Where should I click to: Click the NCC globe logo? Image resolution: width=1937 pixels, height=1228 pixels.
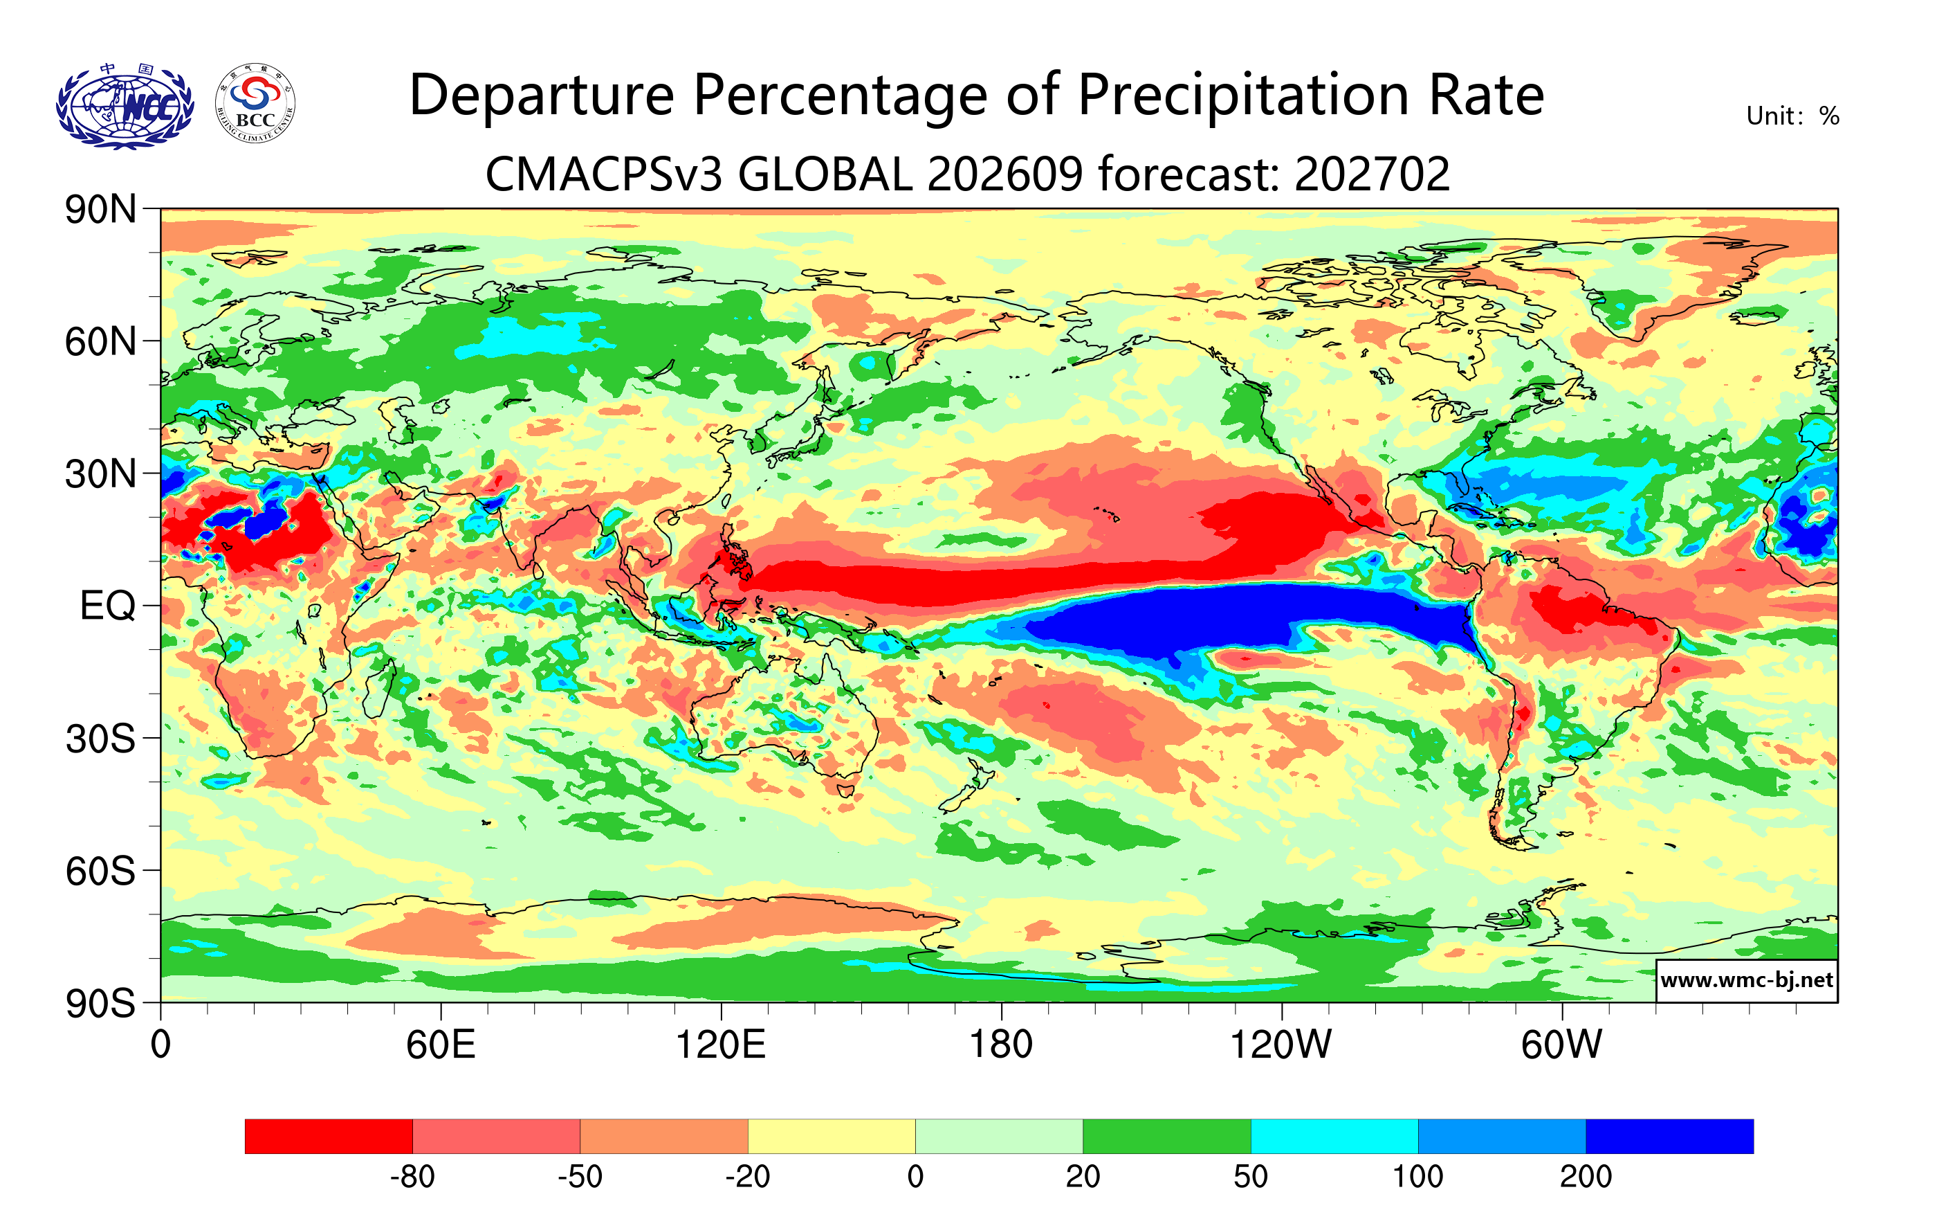tap(125, 105)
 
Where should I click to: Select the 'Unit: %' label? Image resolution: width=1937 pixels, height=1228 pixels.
tap(1792, 116)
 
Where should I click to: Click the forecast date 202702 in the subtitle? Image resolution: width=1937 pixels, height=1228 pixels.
tap(1372, 174)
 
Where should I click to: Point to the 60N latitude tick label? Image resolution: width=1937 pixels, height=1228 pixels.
tap(100, 342)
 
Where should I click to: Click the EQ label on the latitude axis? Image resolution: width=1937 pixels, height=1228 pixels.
tap(108, 606)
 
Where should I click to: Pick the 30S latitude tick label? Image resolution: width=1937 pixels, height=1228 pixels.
tap(100, 739)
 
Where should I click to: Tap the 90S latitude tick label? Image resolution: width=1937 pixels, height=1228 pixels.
tap(100, 1004)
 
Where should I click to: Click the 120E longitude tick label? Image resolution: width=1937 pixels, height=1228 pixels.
tap(721, 1045)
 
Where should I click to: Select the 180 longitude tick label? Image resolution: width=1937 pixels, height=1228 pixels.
tap(1002, 1045)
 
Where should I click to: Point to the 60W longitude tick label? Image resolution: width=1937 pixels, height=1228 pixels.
tap(1561, 1045)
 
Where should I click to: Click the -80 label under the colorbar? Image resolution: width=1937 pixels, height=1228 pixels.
tap(413, 1177)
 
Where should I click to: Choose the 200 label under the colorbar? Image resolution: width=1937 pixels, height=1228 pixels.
tap(1586, 1177)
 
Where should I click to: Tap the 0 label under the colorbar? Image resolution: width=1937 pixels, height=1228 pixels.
tap(915, 1177)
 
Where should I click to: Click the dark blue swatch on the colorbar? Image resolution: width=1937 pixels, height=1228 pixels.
tap(1670, 1136)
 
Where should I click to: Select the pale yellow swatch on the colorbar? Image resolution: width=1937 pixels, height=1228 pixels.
tap(832, 1136)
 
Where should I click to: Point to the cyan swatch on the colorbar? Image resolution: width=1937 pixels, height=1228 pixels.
tap(1334, 1136)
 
